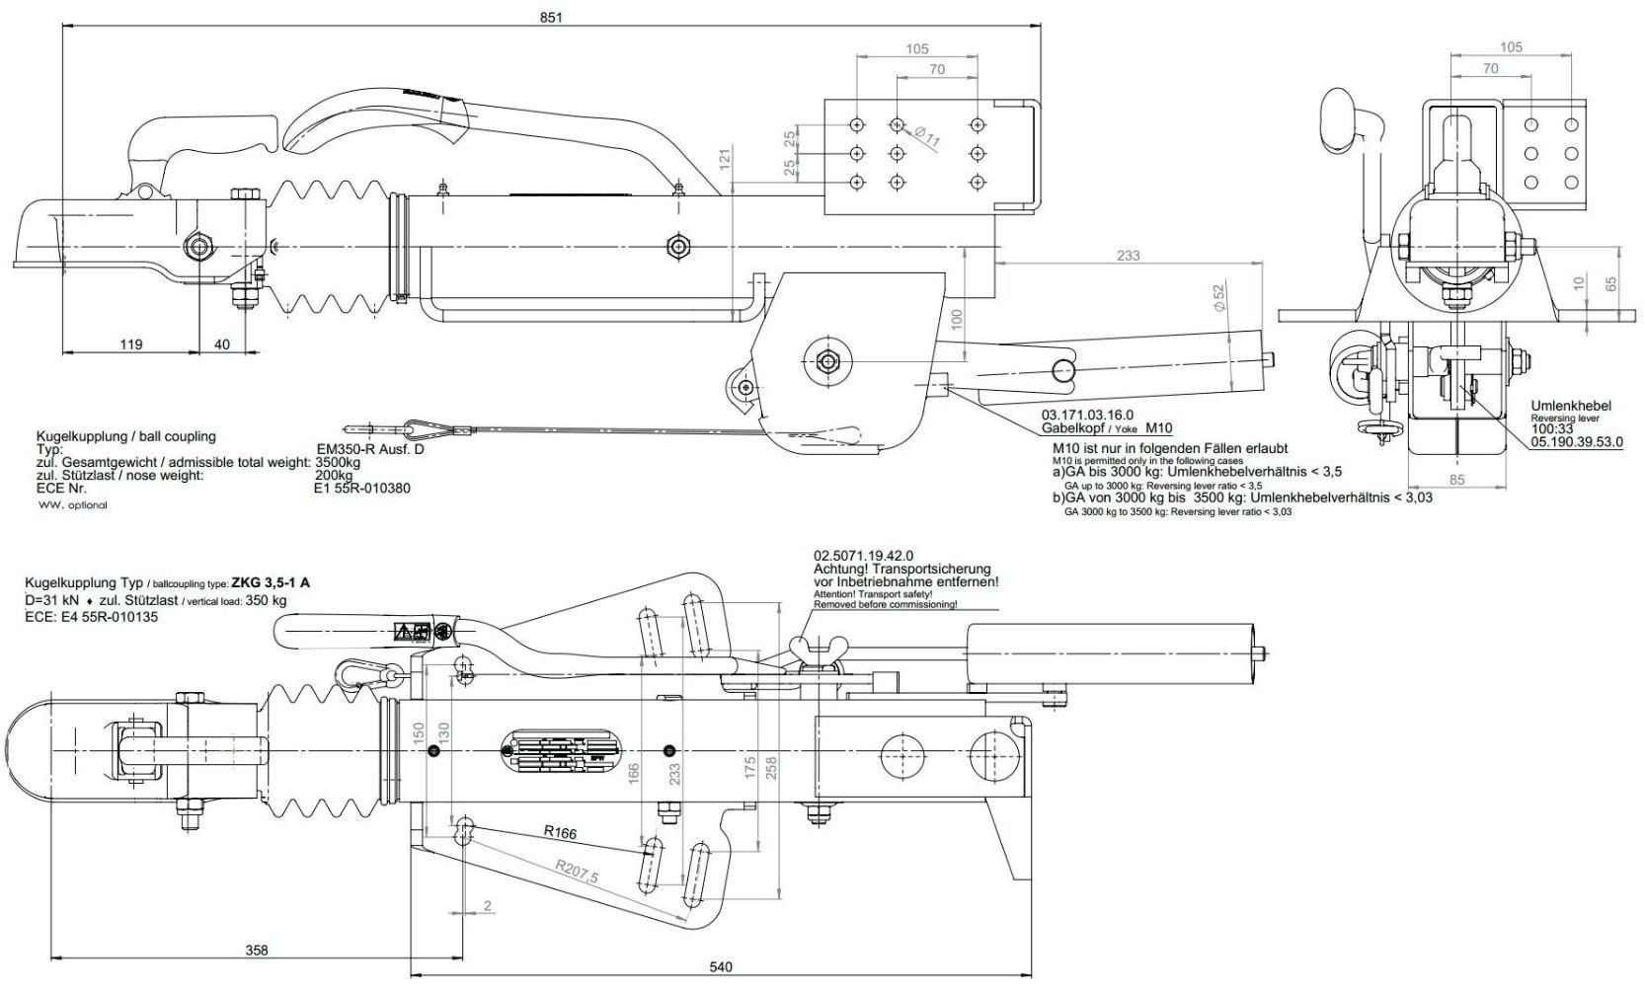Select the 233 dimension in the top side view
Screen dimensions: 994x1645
tap(1128, 255)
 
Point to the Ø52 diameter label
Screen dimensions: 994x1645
tap(1217, 298)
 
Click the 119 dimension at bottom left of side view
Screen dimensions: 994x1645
tap(130, 344)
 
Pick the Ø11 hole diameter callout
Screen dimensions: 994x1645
tap(927, 137)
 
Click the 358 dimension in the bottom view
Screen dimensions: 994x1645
tap(256, 951)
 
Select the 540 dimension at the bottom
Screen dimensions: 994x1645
tap(721, 967)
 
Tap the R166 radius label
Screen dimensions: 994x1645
tap(560, 832)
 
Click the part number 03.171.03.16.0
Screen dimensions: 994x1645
tap(1087, 415)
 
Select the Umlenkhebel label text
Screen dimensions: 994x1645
tap(1570, 406)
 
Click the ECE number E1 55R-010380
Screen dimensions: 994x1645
tap(362, 488)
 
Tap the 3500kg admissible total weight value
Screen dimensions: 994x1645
tap(338, 462)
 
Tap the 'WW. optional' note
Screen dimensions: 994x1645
tap(73, 504)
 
